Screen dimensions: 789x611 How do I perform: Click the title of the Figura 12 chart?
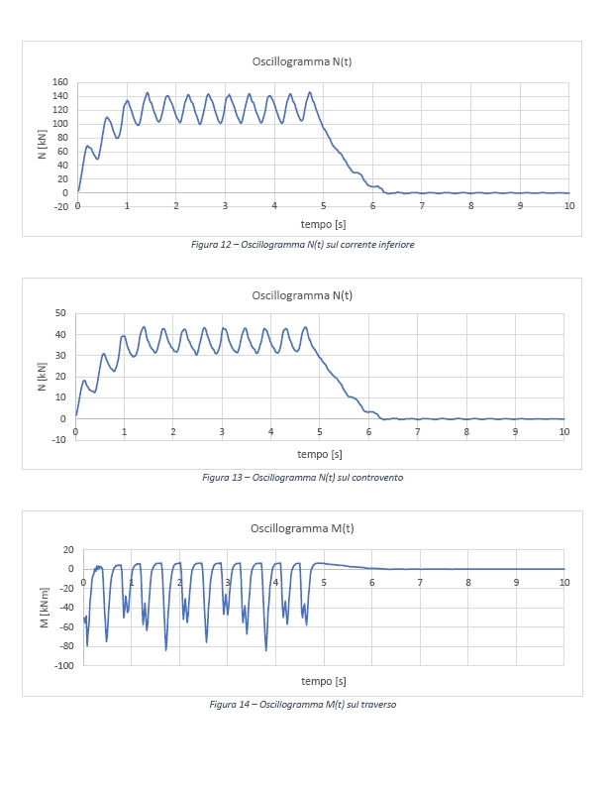coord(301,61)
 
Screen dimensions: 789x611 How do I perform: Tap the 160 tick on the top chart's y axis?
coord(60,82)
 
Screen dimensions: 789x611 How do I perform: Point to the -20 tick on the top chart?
coord(60,206)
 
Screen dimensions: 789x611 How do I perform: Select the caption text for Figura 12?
coord(302,245)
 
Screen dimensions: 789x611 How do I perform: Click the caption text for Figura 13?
coord(302,477)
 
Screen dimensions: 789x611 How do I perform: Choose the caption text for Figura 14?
coord(302,704)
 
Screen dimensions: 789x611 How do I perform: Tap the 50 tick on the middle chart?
coord(59,313)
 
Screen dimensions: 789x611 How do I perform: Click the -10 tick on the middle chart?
coord(58,439)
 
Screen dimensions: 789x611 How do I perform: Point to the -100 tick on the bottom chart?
coord(63,666)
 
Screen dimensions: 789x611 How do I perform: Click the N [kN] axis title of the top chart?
coord(42,144)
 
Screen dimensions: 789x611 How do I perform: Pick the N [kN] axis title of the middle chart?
coord(42,376)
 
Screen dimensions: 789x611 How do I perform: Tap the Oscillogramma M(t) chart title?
coord(301,527)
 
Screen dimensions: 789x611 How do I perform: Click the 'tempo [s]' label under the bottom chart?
coord(324,681)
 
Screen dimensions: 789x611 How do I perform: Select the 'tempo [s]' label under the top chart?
coord(323,222)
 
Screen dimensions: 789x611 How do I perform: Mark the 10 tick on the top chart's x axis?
coord(568,205)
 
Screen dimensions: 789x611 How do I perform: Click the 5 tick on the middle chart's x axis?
coord(320,431)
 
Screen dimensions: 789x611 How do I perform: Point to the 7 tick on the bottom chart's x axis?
coord(420,582)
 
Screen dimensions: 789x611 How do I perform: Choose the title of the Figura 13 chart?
coord(301,295)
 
